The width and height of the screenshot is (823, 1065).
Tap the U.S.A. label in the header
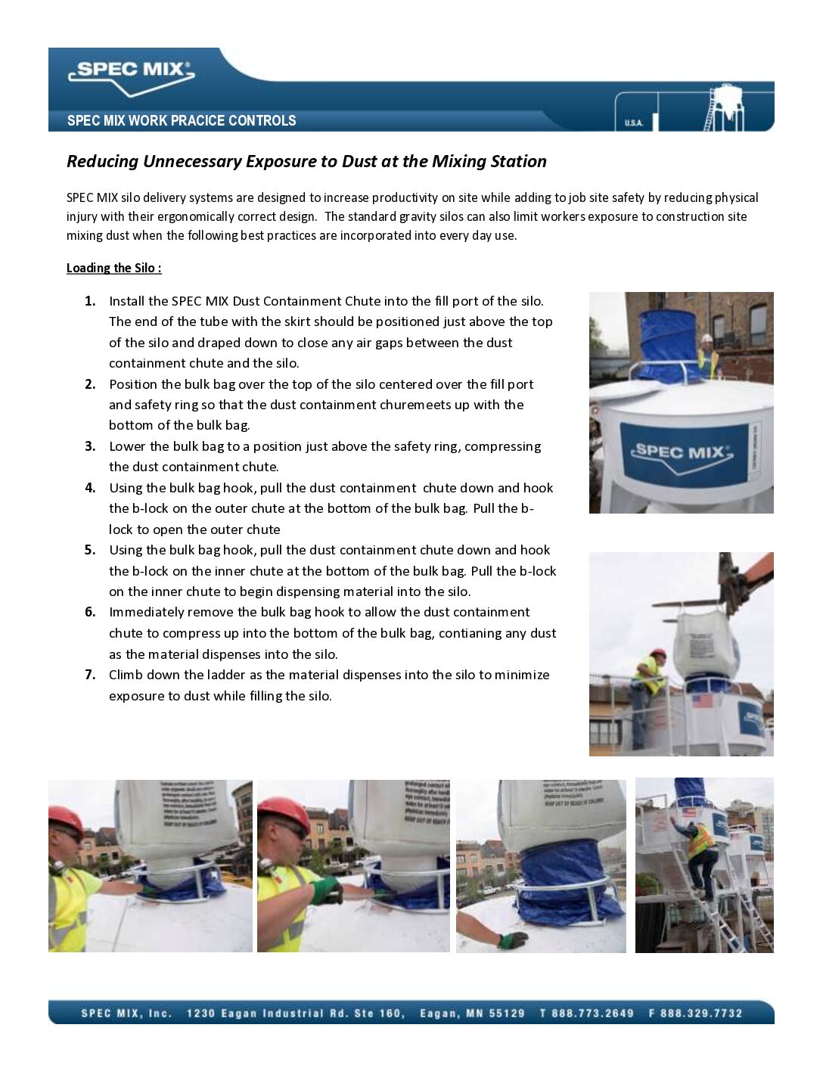tap(633, 123)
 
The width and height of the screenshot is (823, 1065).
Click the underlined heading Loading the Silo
tap(113, 268)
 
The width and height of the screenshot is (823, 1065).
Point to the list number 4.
tap(90, 488)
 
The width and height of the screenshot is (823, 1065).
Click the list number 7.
tap(90, 675)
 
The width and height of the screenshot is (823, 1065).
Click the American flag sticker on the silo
tap(703, 700)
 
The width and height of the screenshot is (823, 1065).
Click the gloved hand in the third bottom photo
tap(512, 940)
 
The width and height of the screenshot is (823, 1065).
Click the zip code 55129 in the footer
tap(504, 1014)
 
